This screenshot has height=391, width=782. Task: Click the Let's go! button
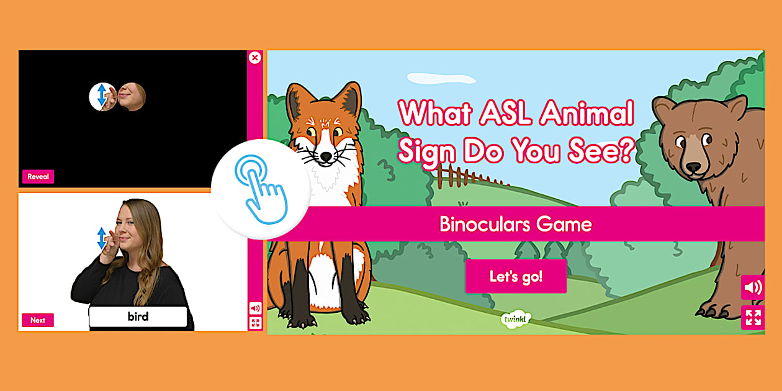[516, 276]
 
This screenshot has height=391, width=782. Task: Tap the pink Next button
[38, 320]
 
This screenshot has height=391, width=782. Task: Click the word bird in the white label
[138, 317]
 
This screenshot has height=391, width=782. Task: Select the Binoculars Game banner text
[515, 224]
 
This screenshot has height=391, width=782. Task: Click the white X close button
[254, 58]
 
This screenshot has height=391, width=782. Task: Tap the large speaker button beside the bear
[753, 287]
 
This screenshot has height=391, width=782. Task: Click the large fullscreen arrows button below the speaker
[753, 318]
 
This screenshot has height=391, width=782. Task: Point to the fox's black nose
[325, 158]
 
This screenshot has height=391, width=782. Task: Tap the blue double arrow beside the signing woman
[102, 238]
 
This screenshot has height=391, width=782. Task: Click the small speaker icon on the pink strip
[254, 308]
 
